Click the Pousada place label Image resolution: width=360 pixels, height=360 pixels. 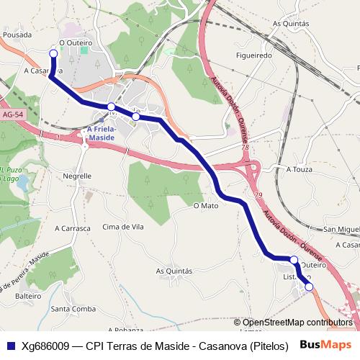click(17, 34)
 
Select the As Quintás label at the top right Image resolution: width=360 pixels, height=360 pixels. click(292, 24)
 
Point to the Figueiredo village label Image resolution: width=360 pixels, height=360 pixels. click(253, 55)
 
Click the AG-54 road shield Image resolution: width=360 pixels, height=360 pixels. click(12, 114)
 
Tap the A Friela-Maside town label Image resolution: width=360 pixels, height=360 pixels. click(101, 133)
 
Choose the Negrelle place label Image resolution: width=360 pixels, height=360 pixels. click(77, 175)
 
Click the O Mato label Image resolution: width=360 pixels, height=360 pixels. click(206, 205)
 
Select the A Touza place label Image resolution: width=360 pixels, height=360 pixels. click(299, 169)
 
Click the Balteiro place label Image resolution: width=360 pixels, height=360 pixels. click(28, 296)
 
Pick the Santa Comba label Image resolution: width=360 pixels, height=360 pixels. click(73, 309)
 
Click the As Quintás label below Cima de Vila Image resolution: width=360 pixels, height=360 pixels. click(174, 271)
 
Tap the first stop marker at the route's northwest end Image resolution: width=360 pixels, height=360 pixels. click(53, 53)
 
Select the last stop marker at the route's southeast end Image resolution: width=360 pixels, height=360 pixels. click(310, 287)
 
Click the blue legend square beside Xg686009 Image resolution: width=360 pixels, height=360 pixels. click(10, 346)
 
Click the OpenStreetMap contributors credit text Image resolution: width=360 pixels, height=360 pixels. click(297, 323)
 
